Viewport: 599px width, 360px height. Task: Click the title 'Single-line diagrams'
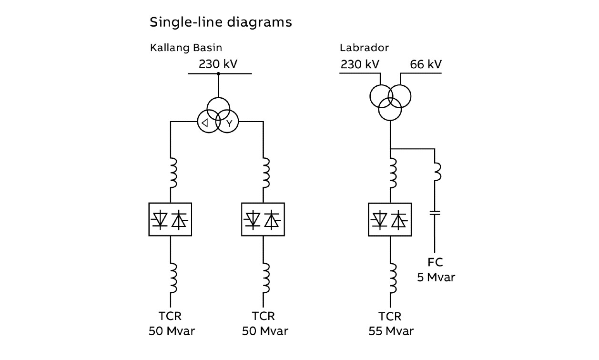pos(221,22)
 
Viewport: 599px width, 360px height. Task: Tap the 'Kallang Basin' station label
pos(186,47)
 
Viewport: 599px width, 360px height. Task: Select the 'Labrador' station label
pos(364,47)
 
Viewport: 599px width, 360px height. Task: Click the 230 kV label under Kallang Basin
pos(218,64)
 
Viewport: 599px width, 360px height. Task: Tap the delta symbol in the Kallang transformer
pos(204,123)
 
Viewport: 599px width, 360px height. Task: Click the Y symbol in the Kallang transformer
pos(229,123)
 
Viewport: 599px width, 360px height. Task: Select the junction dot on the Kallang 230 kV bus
pos(218,74)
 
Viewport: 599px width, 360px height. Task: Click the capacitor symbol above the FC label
pos(435,213)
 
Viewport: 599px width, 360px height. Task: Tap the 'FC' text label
pos(435,262)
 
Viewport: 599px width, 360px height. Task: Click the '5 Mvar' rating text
pos(436,277)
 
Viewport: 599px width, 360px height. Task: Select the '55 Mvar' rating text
pos(391,331)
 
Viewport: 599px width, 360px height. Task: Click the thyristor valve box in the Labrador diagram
pos(390,219)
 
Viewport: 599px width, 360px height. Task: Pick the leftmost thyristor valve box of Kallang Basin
pos(171,219)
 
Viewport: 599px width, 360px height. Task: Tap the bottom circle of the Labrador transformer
pos(390,109)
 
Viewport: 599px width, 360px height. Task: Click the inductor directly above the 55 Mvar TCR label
pos(391,278)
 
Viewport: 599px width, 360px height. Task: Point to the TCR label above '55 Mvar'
pos(390,316)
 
